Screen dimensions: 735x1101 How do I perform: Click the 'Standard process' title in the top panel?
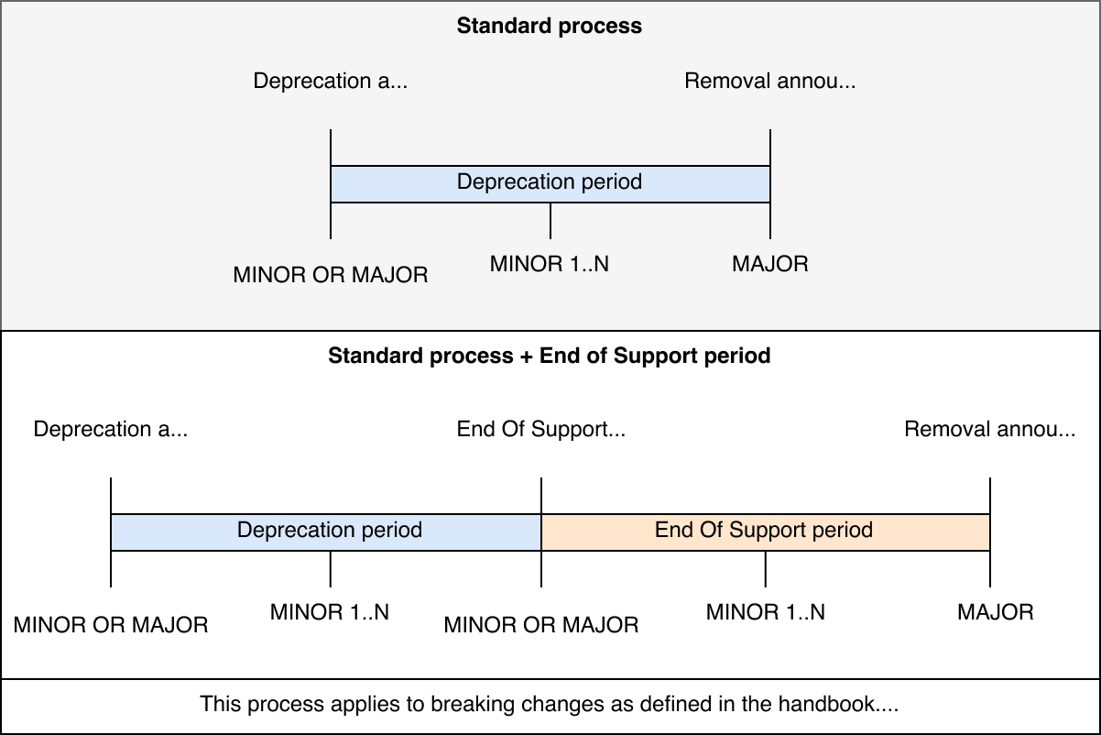(550, 26)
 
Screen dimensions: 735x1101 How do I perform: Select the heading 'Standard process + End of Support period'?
(550, 356)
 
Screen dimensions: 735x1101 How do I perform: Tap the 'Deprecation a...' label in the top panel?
(330, 81)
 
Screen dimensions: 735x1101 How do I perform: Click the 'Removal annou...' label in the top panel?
(769, 81)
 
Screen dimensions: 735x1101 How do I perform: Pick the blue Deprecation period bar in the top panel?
(550, 183)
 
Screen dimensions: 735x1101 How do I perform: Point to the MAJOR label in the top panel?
(769, 265)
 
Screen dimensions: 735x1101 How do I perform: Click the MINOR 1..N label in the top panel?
(550, 265)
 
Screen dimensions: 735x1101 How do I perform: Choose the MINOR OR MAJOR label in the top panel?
(330, 274)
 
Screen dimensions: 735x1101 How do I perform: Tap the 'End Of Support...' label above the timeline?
(540, 429)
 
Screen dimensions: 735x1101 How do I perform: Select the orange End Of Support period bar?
(765, 532)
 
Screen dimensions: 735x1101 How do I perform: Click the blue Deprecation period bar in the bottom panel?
(330, 532)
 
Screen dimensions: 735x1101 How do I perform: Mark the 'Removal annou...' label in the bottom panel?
(989, 429)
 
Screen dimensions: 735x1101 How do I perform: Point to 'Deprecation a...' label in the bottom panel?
(110, 429)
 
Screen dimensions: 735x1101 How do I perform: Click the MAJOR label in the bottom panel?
(995, 612)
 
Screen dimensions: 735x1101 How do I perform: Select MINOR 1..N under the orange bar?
(765, 612)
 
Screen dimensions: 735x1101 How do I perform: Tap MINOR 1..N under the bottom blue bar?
(330, 612)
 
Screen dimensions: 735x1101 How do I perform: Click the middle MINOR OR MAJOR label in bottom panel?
(540, 625)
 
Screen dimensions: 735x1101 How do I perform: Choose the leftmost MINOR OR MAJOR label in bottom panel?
(110, 625)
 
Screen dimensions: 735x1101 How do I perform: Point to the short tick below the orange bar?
(765, 569)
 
